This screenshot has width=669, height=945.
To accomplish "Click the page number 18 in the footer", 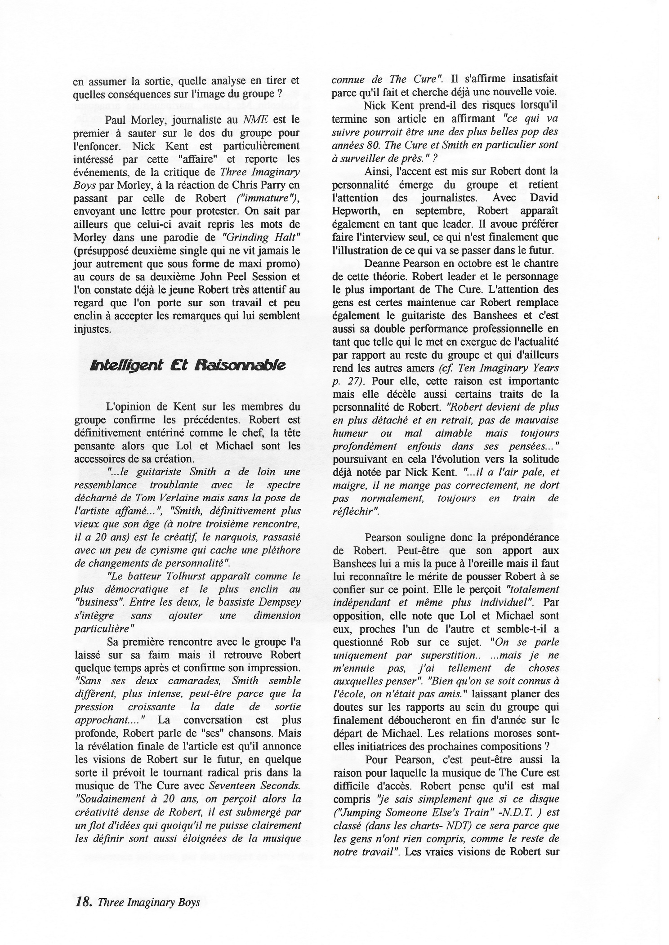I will click(82, 889).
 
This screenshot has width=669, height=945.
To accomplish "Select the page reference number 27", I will click(352, 381).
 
